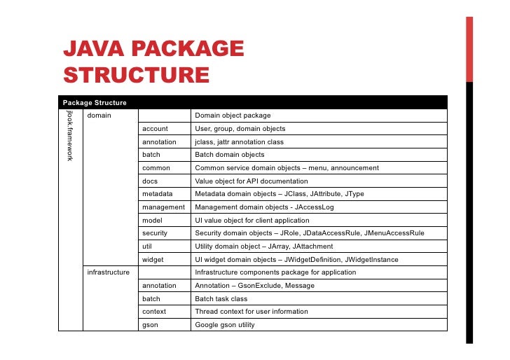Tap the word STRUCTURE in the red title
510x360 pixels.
[x=136, y=75]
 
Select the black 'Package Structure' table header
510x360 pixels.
[x=95, y=103]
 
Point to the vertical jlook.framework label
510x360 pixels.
[x=70, y=136]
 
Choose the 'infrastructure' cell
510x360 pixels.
[x=108, y=272]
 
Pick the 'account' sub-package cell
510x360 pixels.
[x=155, y=129]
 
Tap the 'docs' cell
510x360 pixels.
[x=151, y=181]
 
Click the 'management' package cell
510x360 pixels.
[x=163, y=207]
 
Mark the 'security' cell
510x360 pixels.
[x=155, y=233]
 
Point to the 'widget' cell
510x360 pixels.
[x=153, y=260]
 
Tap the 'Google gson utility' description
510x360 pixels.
[x=225, y=325]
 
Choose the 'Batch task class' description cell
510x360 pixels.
[x=221, y=299]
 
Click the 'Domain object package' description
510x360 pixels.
[x=233, y=116]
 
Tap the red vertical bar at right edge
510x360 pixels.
[x=469, y=49]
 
